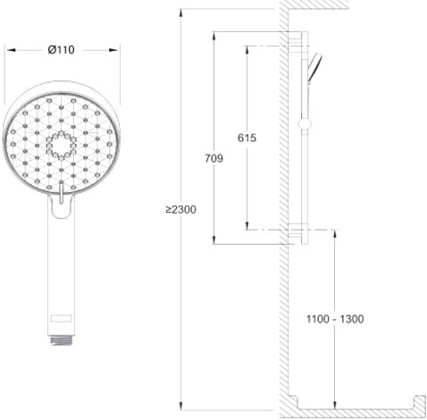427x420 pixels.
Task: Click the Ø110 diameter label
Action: (x=61, y=50)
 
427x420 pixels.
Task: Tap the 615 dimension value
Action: (x=247, y=138)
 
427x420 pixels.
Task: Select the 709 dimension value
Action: (x=214, y=158)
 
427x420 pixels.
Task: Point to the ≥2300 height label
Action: (x=181, y=210)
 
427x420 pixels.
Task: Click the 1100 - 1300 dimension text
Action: (x=335, y=319)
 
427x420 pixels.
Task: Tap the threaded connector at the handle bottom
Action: (x=61, y=340)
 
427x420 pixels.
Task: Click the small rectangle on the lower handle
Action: (x=61, y=318)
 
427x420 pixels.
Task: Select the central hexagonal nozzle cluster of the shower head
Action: (x=61, y=145)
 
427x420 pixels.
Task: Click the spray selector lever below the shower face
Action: (x=61, y=193)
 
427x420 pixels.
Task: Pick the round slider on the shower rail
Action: (x=305, y=124)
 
